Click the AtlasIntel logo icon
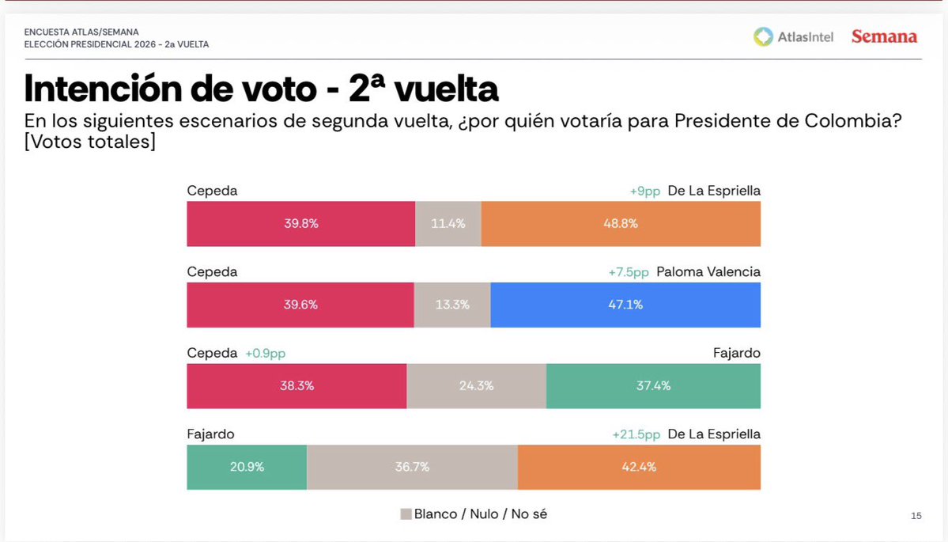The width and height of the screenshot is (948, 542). tap(762, 36)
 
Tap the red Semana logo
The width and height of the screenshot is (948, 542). tap(884, 36)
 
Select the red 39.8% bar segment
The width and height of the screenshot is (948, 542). tap(300, 224)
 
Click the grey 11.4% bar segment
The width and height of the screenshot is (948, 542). tap(448, 224)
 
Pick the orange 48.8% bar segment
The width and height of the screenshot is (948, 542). tap(621, 224)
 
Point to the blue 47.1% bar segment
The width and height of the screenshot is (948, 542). tap(625, 305)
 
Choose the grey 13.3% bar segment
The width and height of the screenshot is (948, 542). tap(451, 305)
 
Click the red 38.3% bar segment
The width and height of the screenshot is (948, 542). tap(296, 386)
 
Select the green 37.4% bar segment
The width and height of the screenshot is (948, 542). tap(653, 386)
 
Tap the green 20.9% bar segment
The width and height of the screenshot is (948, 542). tap(247, 468)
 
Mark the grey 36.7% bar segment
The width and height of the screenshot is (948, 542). tap(412, 468)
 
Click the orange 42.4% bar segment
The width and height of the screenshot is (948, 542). tap(639, 468)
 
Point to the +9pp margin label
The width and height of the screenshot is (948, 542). tap(644, 191)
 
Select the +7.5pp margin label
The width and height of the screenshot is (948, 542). tap(629, 272)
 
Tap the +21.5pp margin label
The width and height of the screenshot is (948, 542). tap(636, 434)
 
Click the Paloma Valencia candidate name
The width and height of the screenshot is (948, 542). tap(708, 272)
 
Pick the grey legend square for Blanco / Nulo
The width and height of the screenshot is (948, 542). tap(406, 514)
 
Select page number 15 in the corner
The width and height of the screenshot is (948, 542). tap(916, 516)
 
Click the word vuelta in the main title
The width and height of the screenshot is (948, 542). tap(446, 89)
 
